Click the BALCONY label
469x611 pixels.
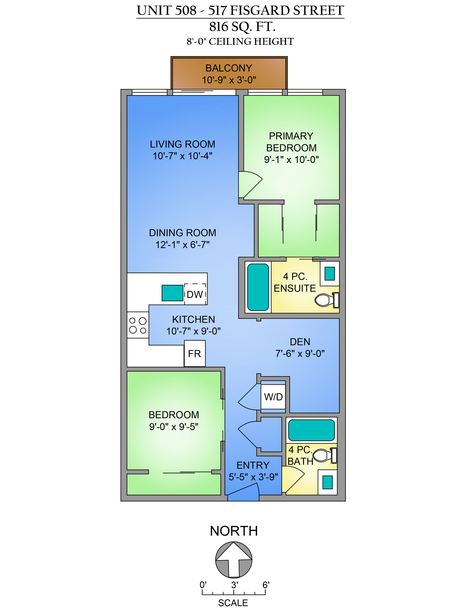pyautogui.click(x=229, y=68)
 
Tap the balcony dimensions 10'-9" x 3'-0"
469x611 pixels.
pyautogui.click(x=229, y=80)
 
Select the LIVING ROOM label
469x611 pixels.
pyautogui.click(x=182, y=144)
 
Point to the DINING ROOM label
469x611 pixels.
pyautogui.click(x=182, y=233)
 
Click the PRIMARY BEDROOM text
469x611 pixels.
pyautogui.click(x=291, y=142)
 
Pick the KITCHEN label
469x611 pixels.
pyautogui.click(x=193, y=319)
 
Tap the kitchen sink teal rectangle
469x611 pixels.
pyautogui.click(x=172, y=293)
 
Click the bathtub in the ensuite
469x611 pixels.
pyautogui.click(x=258, y=287)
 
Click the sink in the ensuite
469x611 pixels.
pyautogui.click(x=329, y=274)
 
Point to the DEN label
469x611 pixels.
pyautogui.click(x=300, y=342)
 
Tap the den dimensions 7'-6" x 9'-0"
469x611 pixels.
pyautogui.click(x=300, y=354)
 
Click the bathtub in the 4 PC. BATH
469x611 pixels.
pyautogui.click(x=311, y=430)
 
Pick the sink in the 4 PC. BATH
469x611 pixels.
pyautogui.click(x=327, y=482)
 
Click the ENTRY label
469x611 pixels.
pyautogui.click(x=253, y=465)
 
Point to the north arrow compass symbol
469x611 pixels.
pyautogui.click(x=234, y=560)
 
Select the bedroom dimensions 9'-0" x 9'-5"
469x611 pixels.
pyautogui.click(x=174, y=427)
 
